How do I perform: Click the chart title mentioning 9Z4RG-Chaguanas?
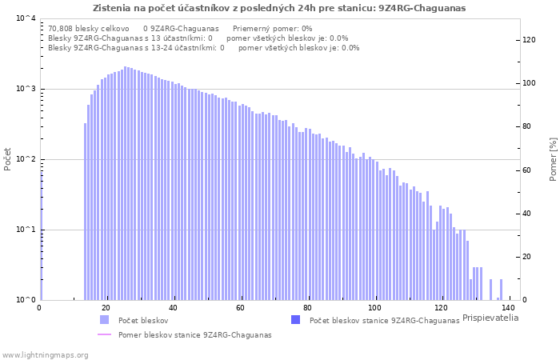click(279, 8)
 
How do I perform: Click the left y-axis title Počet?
click(8, 159)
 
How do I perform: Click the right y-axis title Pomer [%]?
click(553, 159)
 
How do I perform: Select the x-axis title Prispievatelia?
click(490, 318)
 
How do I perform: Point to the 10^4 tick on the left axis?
click(26, 18)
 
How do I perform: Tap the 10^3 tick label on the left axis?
click(26, 89)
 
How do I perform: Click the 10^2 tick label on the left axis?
click(26, 159)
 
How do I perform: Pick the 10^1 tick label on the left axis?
click(26, 230)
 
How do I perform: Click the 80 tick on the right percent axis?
click(527, 126)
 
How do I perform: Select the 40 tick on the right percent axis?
click(527, 214)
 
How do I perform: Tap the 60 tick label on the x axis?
click(240, 308)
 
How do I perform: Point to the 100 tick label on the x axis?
click(374, 308)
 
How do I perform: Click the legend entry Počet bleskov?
click(138, 320)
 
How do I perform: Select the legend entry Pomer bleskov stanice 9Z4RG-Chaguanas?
click(194, 335)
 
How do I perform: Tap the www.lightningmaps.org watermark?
click(44, 354)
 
